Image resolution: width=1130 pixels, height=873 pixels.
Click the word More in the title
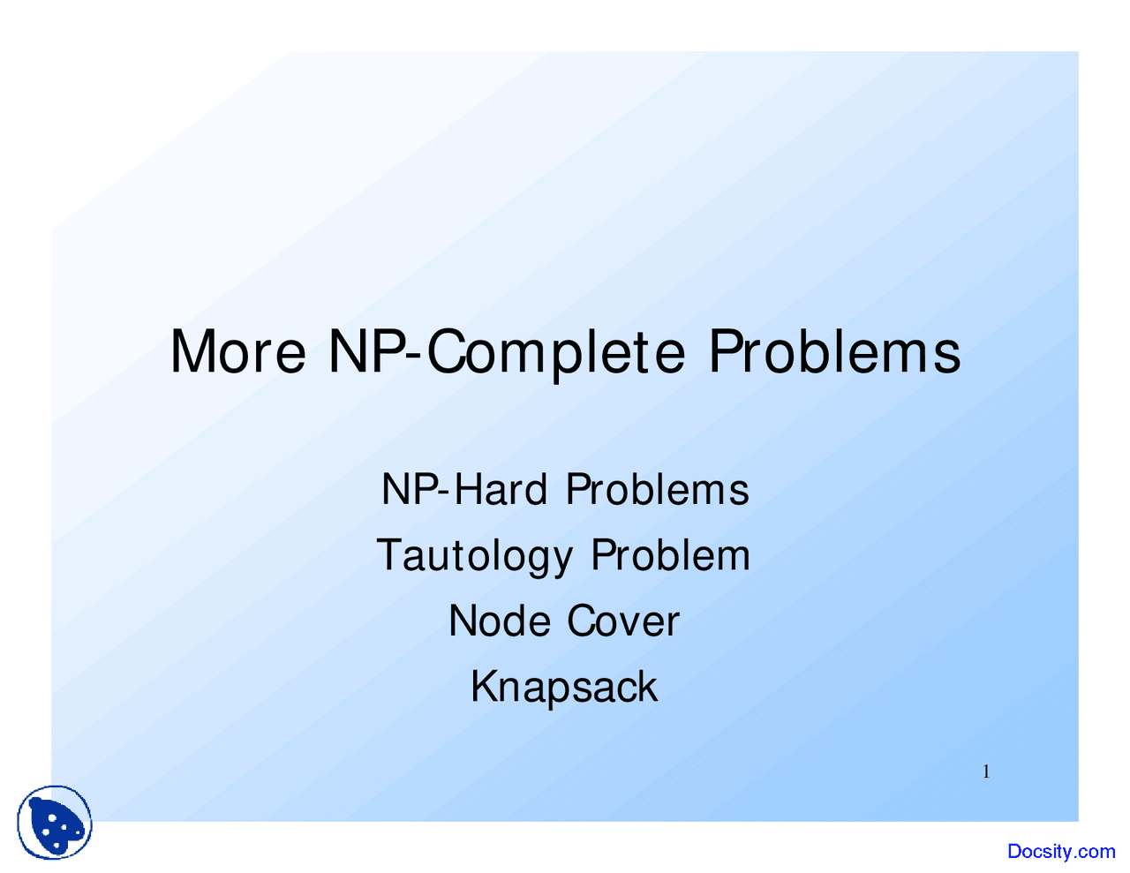pyautogui.click(x=238, y=350)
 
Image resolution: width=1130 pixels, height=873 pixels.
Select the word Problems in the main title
pyautogui.click(x=834, y=350)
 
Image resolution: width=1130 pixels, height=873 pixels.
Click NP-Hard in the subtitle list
pyautogui.click(x=463, y=489)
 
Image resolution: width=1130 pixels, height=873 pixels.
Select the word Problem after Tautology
pyautogui.click(x=671, y=555)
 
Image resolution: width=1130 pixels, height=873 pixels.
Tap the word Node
pyautogui.click(x=499, y=621)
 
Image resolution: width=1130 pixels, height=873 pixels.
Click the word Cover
pyautogui.click(x=623, y=621)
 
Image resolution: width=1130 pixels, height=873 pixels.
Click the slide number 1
pyautogui.click(x=986, y=772)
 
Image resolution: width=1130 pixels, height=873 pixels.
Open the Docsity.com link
pyautogui.click(x=1061, y=851)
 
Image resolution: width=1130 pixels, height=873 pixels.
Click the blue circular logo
pyautogui.click(x=55, y=822)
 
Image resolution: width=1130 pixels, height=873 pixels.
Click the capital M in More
pyautogui.click(x=192, y=351)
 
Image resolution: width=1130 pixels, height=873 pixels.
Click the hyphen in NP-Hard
pyautogui.click(x=442, y=493)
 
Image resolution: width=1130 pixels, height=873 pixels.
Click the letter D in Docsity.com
pyautogui.click(x=1014, y=851)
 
